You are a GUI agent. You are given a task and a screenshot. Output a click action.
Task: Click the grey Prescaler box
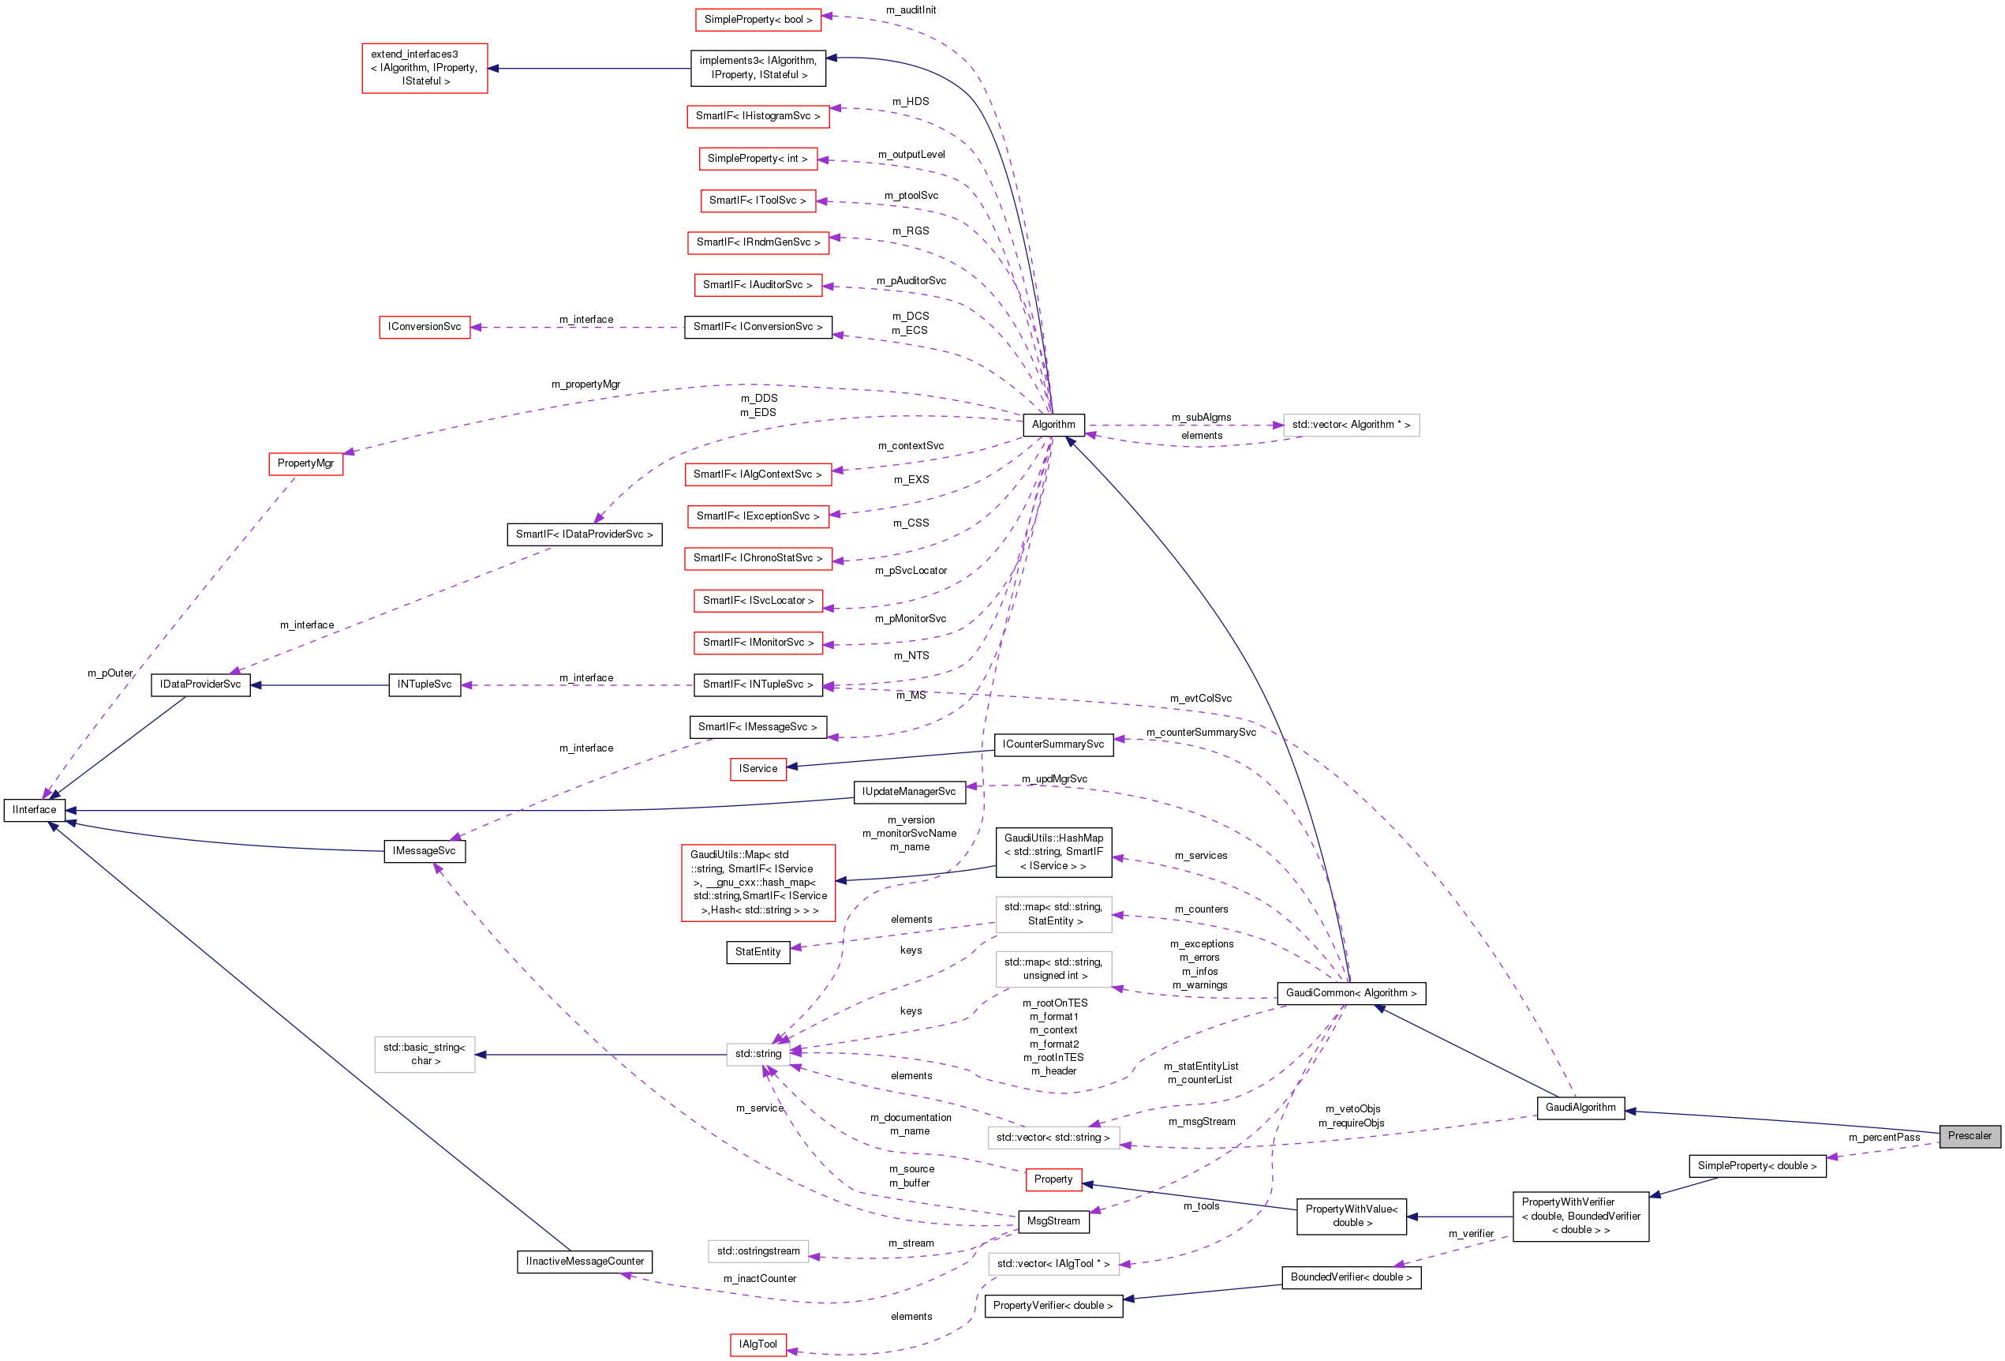[1969, 1136]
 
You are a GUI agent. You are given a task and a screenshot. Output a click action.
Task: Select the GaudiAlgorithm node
[1580, 1108]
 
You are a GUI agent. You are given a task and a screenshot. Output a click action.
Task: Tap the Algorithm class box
[1053, 425]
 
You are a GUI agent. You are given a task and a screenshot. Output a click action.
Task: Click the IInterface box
[35, 809]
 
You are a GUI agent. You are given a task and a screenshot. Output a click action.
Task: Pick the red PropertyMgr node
[305, 463]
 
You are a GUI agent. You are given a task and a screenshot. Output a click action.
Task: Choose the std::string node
[757, 1054]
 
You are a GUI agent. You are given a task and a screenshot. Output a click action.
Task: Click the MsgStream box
[1053, 1221]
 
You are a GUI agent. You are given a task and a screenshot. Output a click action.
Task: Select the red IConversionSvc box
[425, 327]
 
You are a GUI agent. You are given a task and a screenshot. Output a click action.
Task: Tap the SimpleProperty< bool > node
[757, 19]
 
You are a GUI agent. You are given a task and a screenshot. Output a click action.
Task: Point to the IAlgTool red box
[757, 1344]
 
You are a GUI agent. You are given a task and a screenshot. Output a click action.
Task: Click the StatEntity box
[757, 952]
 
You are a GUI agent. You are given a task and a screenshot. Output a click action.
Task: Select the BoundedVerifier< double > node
[1350, 1277]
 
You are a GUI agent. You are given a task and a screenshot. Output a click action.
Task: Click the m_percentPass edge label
[1883, 1138]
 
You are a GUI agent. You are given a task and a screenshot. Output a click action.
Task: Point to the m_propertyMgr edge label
[585, 384]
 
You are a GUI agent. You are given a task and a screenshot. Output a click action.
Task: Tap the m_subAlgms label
[1201, 418]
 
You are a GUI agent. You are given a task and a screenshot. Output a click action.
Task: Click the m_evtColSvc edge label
[1200, 698]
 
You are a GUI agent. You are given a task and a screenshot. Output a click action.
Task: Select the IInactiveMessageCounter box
[585, 1262]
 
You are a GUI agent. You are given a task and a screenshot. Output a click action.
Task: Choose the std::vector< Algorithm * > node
[1350, 425]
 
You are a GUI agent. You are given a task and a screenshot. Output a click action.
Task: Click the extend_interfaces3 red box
[425, 68]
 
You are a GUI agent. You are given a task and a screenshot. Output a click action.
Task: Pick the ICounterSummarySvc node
[1053, 744]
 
